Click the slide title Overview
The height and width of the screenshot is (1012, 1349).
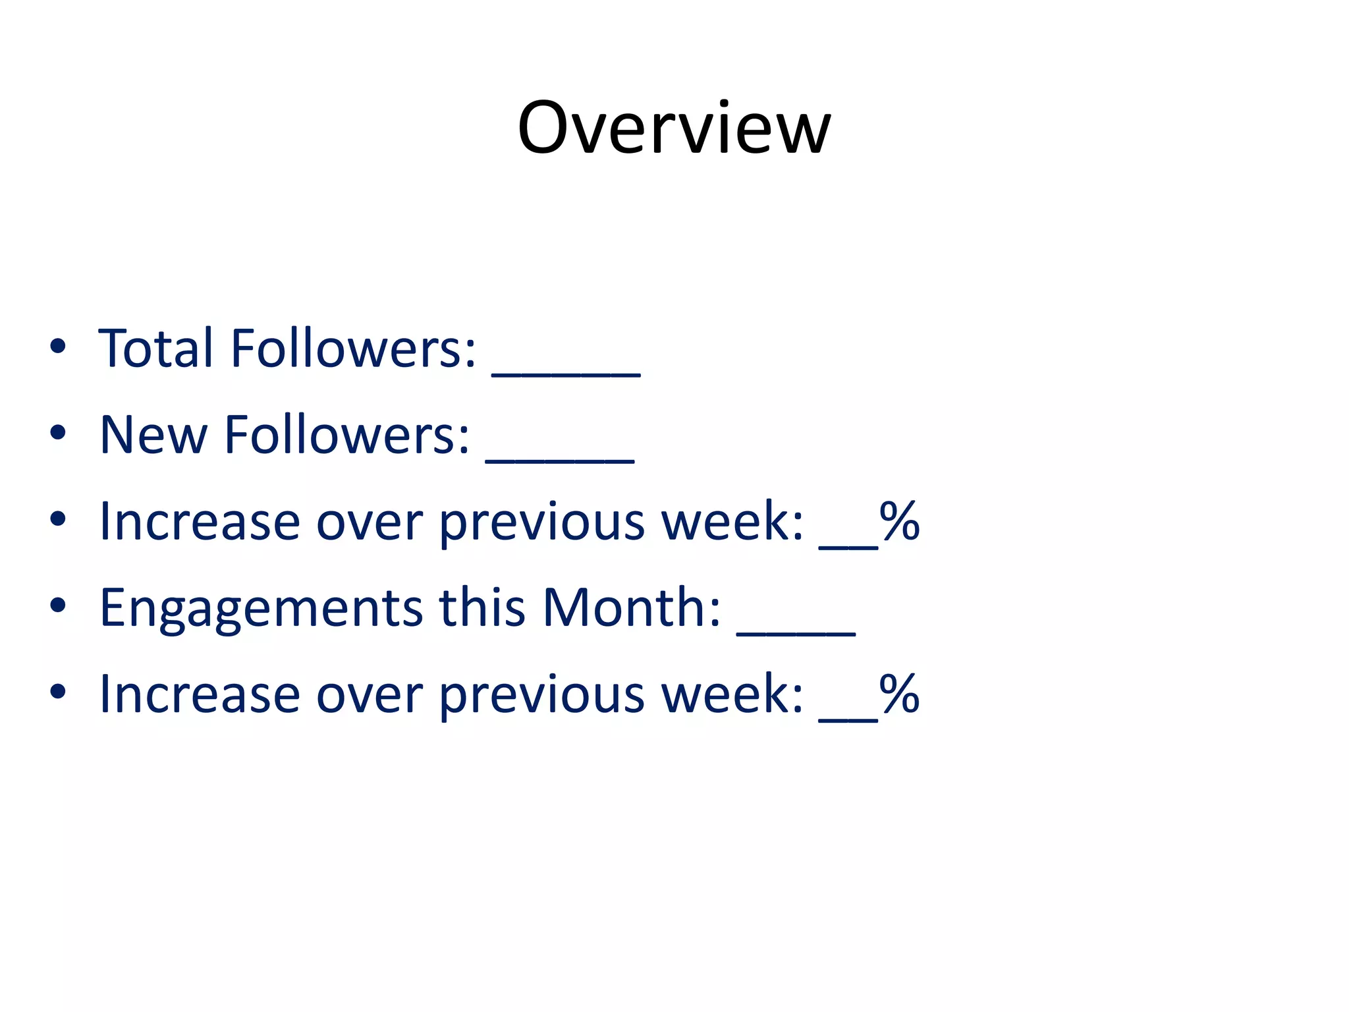(674, 128)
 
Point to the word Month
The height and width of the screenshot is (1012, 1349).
(631, 607)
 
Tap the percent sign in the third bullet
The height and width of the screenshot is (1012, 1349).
(899, 521)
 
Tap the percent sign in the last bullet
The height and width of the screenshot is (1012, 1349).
(899, 694)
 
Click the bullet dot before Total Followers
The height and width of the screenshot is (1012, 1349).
(58, 347)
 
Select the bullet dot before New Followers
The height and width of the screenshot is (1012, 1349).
(58, 433)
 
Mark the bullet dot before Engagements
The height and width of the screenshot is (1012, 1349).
(58, 605)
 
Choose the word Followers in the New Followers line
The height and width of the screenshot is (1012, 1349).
(347, 435)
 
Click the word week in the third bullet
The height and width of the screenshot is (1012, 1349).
(731, 521)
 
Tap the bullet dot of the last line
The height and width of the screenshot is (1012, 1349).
(58, 692)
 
